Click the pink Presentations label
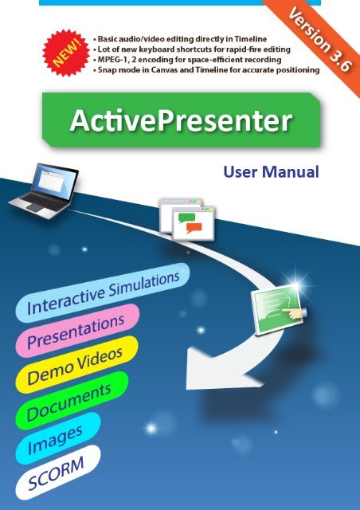coord(76,330)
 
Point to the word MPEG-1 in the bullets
coord(115,60)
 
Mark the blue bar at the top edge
coord(179,2)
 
